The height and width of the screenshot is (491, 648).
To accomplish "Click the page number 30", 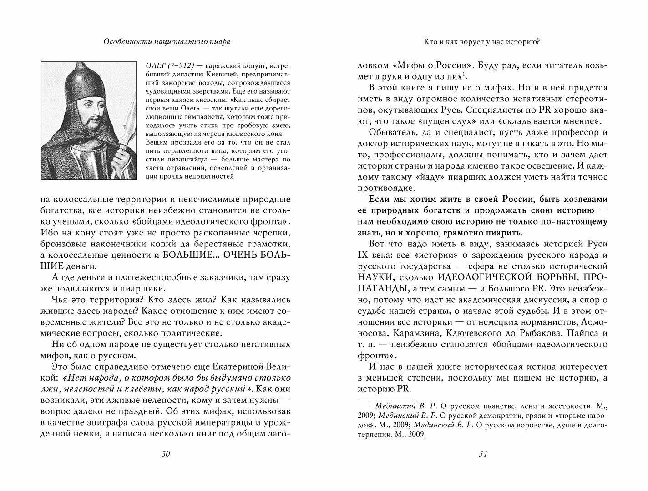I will [165, 455].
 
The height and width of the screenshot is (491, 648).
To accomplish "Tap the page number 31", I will [483, 455].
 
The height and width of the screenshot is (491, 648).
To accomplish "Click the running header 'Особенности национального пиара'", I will [167, 41].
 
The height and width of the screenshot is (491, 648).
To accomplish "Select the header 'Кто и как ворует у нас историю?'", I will [482, 41].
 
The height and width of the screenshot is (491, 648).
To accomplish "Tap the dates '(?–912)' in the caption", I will [183, 65].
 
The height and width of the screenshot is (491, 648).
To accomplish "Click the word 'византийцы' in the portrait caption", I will [185, 160].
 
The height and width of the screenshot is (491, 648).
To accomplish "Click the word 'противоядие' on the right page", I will [386, 188].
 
